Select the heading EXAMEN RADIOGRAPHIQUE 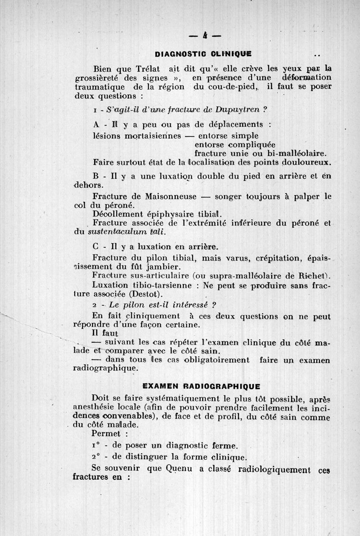coord(201,385)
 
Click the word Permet coord(106,434)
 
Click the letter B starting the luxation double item coord(95,176)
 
